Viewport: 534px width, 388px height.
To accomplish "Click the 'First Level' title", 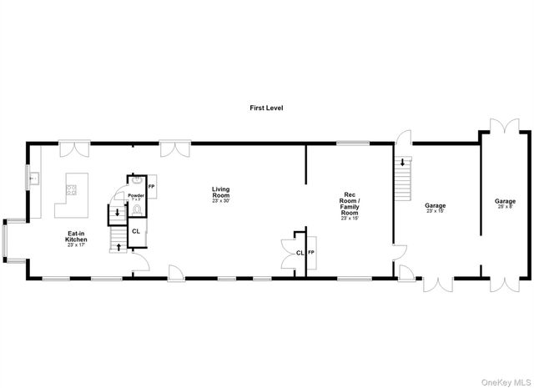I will tap(267, 108).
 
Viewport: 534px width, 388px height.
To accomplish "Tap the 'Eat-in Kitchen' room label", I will tap(77, 239).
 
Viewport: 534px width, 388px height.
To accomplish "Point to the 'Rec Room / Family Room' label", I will tap(350, 204).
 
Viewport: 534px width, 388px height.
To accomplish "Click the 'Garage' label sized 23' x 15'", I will tap(435, 207).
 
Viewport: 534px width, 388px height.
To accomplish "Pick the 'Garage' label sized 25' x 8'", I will tap(505, 203).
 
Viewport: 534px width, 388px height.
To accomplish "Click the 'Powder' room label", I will tap(136, 196).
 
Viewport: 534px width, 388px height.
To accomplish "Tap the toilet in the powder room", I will tap(137, 210).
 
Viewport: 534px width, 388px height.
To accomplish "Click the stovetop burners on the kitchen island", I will tap(70, 189).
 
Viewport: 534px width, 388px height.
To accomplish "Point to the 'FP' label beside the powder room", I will tap(151, 186).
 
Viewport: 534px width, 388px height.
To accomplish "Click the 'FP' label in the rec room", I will tap(311, 252).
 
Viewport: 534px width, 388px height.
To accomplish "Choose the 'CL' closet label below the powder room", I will tap(136, 232).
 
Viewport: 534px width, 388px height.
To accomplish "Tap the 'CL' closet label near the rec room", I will tap(299, 252).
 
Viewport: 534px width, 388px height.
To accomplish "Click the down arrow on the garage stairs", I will tap(402, 163).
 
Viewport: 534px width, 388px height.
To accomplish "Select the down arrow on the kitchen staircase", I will tap(117, 212).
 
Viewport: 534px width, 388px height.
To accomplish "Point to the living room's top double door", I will tap(174, 149).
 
